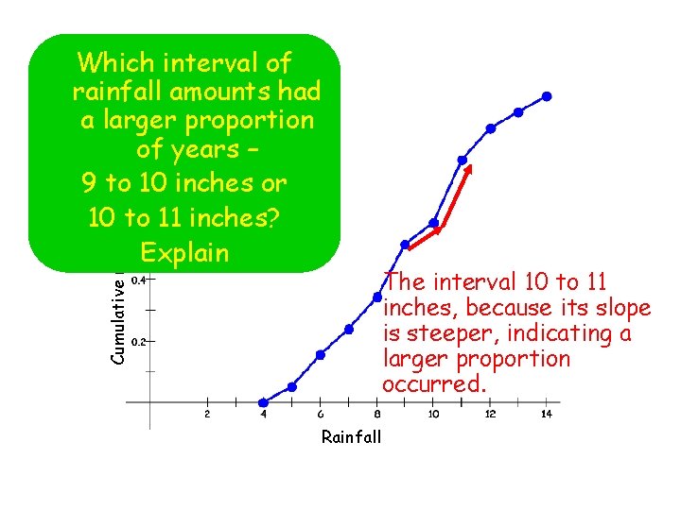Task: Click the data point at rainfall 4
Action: [x=263, y=403]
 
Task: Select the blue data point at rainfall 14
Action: [x=547, y=96]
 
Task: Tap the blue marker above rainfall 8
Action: [x=376, y=297]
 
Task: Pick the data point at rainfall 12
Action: [x=490, y=128]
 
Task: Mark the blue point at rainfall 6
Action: [x=320, y=355]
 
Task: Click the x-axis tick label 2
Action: [x=207, y=415]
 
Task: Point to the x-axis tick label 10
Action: [x=433, y=415]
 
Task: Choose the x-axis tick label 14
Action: [x=547, y=415]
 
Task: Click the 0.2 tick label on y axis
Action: [x=138, y=342]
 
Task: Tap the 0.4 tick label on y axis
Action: [x=138, y=280]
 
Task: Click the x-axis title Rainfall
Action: [x=351, y=436]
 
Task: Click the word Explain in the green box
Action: [x=184, y=253]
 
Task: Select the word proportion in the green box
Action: [x=247, y=121]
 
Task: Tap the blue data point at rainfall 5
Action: [x=291, y=387]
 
